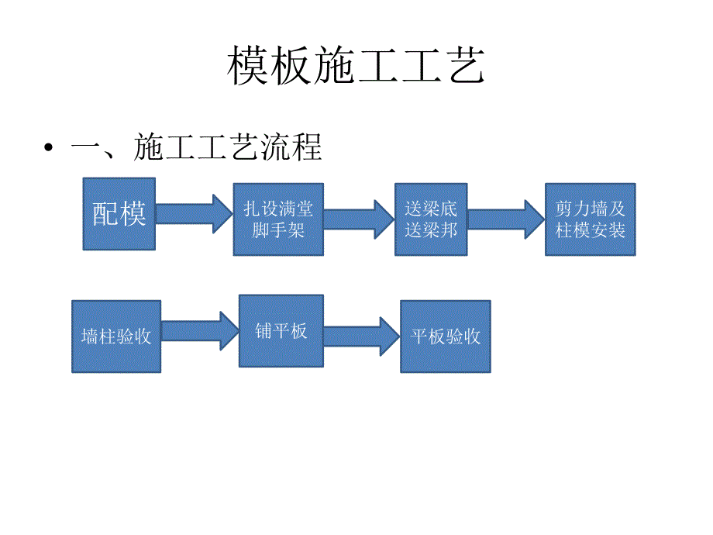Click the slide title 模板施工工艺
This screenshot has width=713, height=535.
(x=356, y=67)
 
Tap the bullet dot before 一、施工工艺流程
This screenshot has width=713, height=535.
(x=50, y=148)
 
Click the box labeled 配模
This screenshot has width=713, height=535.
(x=119, y=214)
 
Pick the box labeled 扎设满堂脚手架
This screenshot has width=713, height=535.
(x=278, y=219)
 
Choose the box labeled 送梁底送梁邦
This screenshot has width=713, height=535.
(x=431, y=219)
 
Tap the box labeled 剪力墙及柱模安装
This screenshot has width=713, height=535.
(x=590, y=219)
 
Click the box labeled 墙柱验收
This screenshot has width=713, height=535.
(x=116, y=336)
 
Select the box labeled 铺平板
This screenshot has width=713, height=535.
(x=281, y=331)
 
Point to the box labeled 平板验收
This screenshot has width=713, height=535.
(x=446, y=336)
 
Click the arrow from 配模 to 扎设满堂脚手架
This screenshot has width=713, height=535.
(x=194, y=214)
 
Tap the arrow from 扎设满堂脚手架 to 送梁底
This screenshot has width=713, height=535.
(x=358, y=219)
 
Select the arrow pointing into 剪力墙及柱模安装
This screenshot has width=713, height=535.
(x=505, y=219)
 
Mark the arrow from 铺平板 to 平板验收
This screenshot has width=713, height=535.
(x=361, y=336)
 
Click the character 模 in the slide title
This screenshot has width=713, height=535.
(x=249, y=67)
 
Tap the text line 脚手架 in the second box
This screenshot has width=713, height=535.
(x=278, y=230)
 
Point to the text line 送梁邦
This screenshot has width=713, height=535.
(x=431, y=230)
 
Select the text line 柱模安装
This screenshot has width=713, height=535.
(x=590, y=230)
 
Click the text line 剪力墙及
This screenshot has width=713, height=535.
(x=590, y=209)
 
